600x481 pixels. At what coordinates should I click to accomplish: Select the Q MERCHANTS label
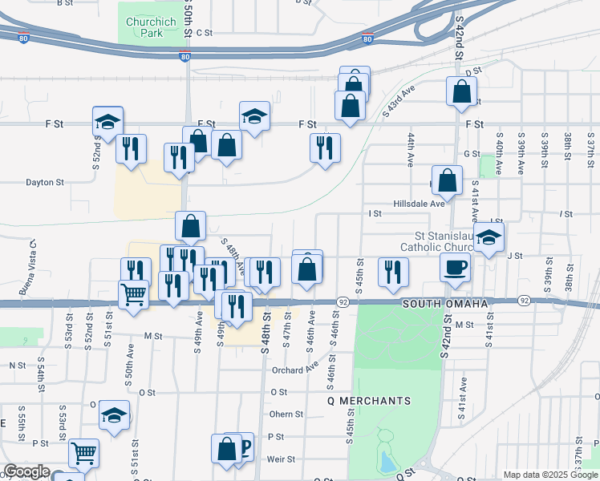pos(369,400)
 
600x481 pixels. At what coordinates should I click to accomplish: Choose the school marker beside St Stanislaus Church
pos(489,237)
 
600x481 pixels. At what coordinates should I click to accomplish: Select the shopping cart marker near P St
pos(83,453)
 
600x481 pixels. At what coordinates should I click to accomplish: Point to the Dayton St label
pos(45,182)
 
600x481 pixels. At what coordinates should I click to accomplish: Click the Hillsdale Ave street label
pos(418,204)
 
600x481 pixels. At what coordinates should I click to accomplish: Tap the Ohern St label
pos(286,414)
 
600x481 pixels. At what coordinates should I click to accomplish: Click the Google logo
pos(26,471)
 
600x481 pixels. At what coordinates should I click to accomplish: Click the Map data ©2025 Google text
pos(550,475)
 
